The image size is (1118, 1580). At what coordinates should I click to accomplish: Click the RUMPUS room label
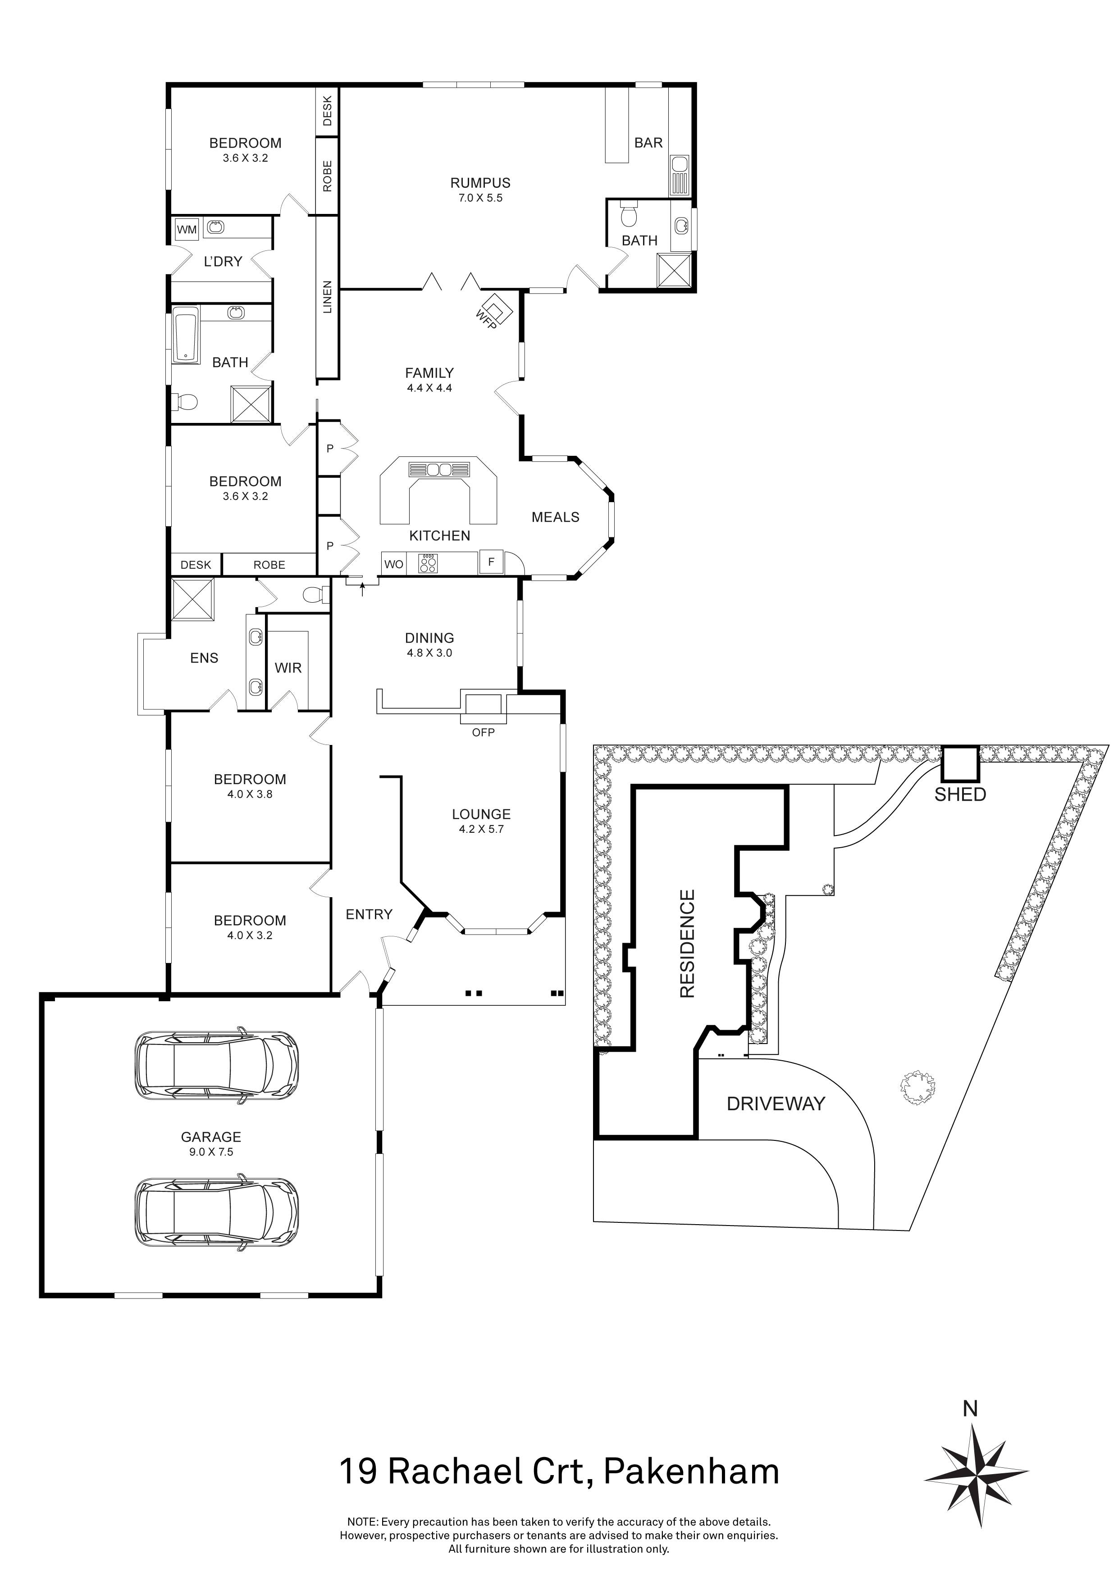tap(480, 183)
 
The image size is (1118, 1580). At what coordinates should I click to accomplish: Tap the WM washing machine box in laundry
tap(187, 230)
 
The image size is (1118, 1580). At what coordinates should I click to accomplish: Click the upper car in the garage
tap(217, 1069)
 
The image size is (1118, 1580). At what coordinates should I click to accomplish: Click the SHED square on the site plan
tap(960, 763)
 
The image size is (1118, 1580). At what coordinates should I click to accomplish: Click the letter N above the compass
tap(970, 1409)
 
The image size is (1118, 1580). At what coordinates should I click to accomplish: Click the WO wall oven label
tap(394, 564)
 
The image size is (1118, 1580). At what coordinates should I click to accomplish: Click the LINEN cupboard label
tap(328, 297)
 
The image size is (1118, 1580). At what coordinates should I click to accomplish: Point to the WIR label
tap(288, 667)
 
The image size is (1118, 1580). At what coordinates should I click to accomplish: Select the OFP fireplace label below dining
tap(483, 732)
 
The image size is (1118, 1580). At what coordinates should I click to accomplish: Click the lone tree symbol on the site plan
tap(917, 1088)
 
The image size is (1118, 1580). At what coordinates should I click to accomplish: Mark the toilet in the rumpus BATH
tap(629, 216)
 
